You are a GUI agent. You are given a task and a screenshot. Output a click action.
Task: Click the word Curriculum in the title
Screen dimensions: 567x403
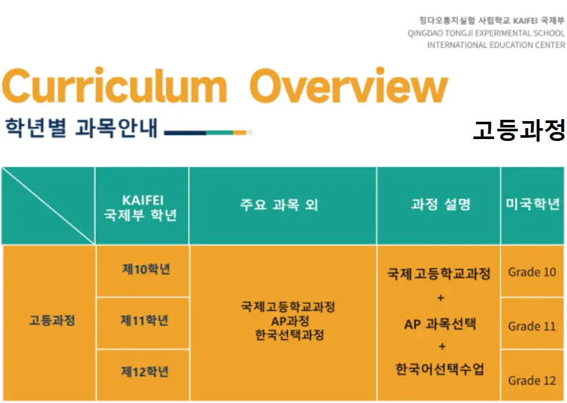(115, 85)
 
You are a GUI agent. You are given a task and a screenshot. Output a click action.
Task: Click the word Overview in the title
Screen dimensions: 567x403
(349, 85)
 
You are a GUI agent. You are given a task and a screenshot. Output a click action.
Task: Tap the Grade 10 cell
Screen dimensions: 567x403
(532, 272)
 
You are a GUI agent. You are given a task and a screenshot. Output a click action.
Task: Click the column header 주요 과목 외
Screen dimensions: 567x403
(279, 204)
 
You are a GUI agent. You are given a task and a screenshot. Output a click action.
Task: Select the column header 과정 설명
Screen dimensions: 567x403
(441, 204)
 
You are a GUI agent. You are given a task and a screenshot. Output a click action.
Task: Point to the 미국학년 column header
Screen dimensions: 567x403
(532, 204)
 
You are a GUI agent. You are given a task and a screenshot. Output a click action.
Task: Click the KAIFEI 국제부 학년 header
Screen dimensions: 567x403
(141, 208)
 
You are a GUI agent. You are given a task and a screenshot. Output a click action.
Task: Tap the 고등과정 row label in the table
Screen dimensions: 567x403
(52, 320)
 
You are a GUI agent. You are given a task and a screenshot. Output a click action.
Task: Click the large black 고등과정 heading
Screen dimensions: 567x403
(519, 130)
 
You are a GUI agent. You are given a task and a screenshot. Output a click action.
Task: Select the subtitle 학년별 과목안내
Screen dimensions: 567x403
(81, 127)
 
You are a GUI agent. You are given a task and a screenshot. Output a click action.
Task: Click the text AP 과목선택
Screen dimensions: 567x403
(440, 324)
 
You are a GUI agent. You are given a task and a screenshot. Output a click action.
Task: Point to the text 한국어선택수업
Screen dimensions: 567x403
(440, 369)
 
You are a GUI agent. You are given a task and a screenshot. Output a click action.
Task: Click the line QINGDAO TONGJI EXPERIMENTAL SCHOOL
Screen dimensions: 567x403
(486, 33)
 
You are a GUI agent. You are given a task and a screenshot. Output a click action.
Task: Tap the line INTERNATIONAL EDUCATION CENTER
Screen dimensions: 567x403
(496, 45)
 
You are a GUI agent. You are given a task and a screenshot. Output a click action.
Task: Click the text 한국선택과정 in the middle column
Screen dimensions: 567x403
(290, 335)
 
